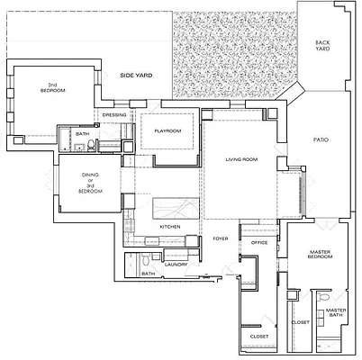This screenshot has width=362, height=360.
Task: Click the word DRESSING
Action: pos(114,115)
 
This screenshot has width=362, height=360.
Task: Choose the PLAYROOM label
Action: pos(167,131)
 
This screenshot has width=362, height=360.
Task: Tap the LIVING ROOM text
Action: pos(241,159)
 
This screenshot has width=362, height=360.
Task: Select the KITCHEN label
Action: pos(170,226)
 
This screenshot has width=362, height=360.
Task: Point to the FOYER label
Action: pos(220,238)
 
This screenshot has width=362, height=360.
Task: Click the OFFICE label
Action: pos(259,243)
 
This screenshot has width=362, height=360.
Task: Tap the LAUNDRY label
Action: pos(175,264)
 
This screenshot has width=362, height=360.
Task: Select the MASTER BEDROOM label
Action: pos(322,255)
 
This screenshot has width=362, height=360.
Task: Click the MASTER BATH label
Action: pos(335,311)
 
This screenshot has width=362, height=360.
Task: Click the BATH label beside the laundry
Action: pos(149,274)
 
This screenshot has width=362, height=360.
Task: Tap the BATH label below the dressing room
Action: pos(82,135)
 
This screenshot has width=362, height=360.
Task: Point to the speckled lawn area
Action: pos(232,45)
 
